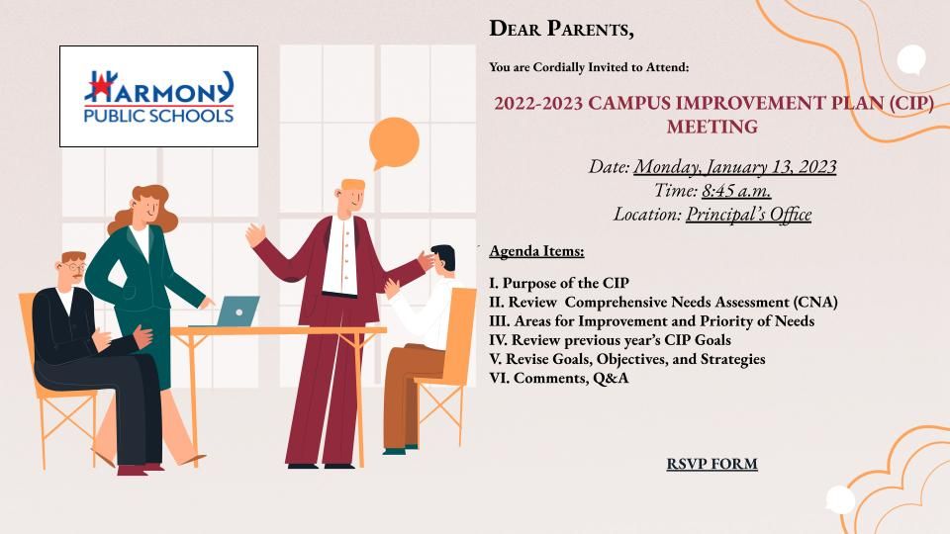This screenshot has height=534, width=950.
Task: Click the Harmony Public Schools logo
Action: [158, 96]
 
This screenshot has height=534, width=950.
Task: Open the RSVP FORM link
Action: [712, 463]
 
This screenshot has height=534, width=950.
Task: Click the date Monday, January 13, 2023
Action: [735, 166]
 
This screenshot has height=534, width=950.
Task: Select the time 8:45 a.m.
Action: [736, 191]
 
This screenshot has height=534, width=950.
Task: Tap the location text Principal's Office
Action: [748, 215]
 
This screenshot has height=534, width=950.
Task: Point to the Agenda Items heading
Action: [536, 250]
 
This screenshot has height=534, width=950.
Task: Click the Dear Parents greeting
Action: [561, 29]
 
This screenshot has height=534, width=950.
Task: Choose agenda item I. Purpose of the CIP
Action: [559, 283]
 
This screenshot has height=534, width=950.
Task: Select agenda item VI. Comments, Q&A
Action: [559, 378]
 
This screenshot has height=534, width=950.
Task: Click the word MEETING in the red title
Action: [712, 128]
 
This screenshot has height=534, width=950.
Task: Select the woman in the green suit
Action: [148, 297]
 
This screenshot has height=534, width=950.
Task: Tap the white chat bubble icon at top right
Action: [910, 60]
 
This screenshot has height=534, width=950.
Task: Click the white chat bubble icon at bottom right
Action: [839, 500]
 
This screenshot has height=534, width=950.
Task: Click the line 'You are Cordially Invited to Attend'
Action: [589, 67]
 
